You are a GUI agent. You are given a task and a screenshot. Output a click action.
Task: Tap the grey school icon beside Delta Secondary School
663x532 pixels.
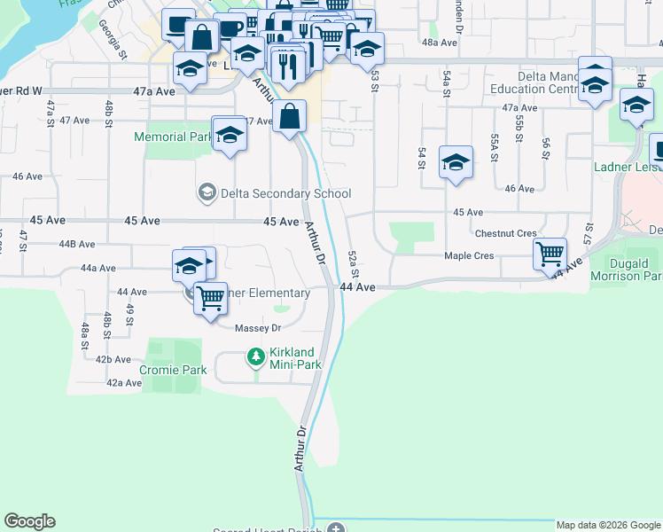pyautogui.click(x=207, y=192)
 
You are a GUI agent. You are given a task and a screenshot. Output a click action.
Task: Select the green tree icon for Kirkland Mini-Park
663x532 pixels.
pyautogui.click(x=256, y=356)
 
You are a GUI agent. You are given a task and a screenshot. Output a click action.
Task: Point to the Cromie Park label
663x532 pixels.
pyautogui.click(x=173, y=370)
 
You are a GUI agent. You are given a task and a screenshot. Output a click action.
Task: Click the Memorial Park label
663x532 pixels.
pyautogui.click(x=173, y=137)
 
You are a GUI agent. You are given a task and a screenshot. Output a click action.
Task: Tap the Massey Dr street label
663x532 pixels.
pyautogui.click(x=257, y=328)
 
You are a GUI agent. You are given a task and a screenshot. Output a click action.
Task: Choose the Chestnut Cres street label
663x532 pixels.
pyautogui.click(x=505, y=233)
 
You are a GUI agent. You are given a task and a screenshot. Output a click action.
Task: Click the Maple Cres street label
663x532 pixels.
pyautogui.click(x=500, y=256)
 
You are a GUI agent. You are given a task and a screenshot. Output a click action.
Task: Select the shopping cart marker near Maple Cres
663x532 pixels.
pyautogui.click(x=550, y=254)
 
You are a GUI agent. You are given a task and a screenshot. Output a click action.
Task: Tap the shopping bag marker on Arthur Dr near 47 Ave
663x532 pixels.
pyautogui.click(x=290, y=116)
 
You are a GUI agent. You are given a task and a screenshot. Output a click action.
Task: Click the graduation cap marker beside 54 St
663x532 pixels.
pyautogui.click(x=456, y=162)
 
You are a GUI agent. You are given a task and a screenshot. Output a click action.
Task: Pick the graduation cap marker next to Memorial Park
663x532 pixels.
pyautogui.click(x=230, y=135)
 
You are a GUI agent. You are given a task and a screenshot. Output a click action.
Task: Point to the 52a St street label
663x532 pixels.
pyautogui.click(x=353, y=262)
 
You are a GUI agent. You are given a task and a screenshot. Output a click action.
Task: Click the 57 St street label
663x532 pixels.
pyautogui.click(x=587, y=234)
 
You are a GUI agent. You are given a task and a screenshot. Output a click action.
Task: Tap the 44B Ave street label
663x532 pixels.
pyautogui.click(x=76, y=244)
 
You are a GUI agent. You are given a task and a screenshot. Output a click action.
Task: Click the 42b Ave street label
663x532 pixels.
pyautogui.click(x=113, y=359)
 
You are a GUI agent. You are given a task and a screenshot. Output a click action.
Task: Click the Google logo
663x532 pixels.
pyautogui.click(x=29, y=521)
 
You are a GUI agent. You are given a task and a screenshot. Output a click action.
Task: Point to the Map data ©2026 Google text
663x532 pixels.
pyautogui.click(x=608, y=525)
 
